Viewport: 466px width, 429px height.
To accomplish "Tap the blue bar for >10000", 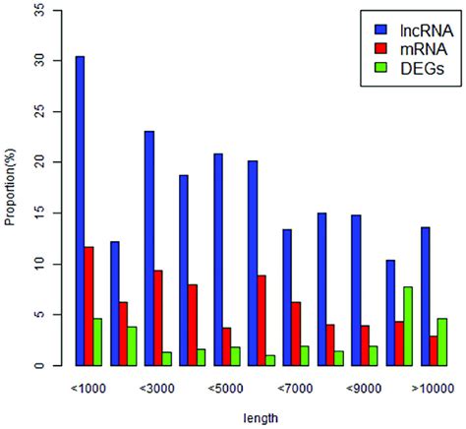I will tap(425, 296).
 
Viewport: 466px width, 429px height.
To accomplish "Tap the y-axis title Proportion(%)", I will tap(12, 188).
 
